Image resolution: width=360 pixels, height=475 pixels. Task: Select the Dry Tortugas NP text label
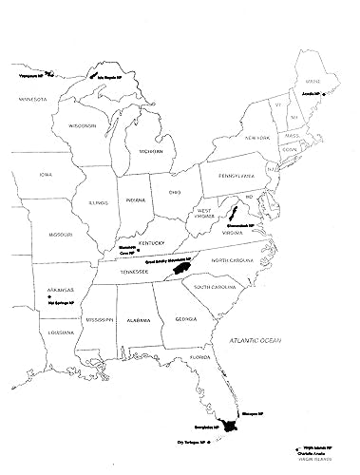(x=191, y=443)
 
